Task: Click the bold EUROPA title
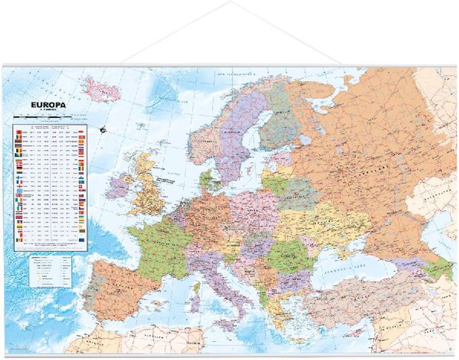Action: click(48, 105)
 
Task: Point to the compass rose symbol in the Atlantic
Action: click(103, 130)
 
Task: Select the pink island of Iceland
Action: click(102, 90)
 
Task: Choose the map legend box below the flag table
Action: click(50, 270)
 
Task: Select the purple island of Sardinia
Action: click(195, 303)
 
